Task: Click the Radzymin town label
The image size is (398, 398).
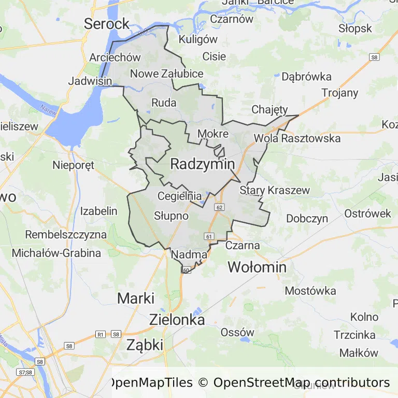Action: pos(202,164)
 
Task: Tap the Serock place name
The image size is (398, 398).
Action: pos(106,23)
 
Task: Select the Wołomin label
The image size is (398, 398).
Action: pos(257,267)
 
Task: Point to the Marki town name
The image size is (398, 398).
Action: pos(136,298)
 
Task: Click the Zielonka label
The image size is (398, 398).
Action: pos(177,319)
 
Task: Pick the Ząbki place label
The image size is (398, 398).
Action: pos(145,345)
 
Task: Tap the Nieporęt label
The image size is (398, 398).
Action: pos(73,166)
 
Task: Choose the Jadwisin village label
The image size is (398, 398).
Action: pos(90,81)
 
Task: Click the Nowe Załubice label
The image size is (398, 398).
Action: pos(166,74)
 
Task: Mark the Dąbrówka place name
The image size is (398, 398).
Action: pos(306,77)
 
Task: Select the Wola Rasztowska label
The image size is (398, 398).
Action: pos(297,138)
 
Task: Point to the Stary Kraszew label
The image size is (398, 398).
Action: pos(275,190)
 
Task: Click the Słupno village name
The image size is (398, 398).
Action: pos(171,215)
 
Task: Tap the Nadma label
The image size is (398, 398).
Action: pos(189,254)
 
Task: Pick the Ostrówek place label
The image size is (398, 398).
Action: pos(368,214)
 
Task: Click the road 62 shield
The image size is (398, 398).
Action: pos(220,207)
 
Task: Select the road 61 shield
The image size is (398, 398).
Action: pos(209,236)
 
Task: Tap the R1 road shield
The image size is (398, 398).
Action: pos(101,334)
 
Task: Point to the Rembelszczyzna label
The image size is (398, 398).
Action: pos(66,234)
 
